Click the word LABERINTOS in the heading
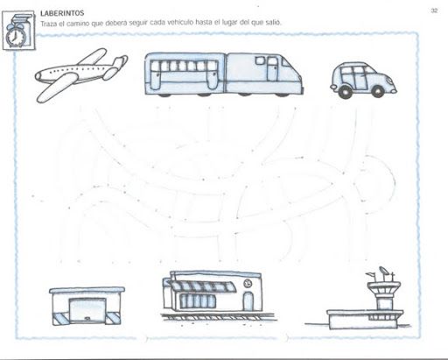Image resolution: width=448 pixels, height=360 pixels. pos(62,13)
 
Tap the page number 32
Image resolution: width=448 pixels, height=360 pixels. pos(434,11)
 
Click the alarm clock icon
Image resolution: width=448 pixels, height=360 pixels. pos(15,36)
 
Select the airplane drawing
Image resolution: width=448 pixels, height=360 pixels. pos(81,75)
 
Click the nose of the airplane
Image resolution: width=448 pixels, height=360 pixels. pos(38,76)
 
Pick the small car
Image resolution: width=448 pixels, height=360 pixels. pos(363,80)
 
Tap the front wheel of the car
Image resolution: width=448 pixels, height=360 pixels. pos(377,92)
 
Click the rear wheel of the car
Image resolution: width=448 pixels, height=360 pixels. pos(345,92)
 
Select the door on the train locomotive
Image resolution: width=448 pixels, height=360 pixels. pos(272,69)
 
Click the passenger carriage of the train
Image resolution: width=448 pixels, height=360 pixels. pos(185,74)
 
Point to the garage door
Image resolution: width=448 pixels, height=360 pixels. pos(87,310)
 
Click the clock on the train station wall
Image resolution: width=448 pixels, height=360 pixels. pos(248,283)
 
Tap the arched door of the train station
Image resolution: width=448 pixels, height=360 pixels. pos(248,301)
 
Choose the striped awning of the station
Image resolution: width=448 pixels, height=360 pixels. pos(202,286)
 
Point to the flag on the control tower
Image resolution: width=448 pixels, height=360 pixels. pos(370,274)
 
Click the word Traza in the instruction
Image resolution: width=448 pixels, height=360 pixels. pos(48,24)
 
